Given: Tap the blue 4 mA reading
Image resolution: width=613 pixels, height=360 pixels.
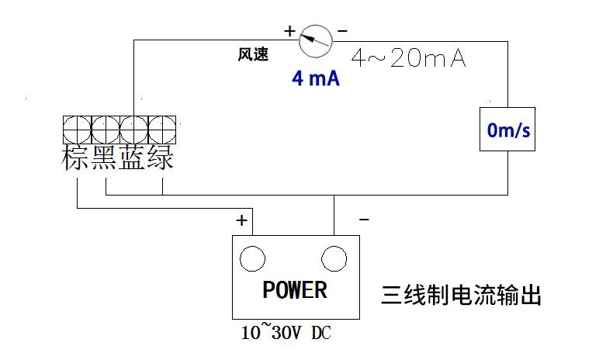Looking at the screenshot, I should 315,79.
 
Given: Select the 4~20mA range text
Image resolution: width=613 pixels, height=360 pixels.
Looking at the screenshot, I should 408,58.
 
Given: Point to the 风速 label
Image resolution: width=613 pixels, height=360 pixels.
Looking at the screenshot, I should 252,55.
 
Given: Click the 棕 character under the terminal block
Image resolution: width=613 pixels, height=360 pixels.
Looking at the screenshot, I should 76,158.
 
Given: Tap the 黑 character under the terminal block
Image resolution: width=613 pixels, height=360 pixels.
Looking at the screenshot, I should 105,158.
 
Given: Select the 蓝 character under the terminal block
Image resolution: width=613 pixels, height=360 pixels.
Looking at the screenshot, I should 133,158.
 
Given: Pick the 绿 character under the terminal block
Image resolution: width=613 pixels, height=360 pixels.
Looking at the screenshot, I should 161,158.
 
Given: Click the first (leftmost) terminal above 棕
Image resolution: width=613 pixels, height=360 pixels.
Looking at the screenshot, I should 77,127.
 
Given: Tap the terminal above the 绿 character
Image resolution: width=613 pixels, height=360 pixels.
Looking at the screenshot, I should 161,127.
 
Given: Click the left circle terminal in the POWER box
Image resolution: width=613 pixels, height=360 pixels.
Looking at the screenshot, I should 252,258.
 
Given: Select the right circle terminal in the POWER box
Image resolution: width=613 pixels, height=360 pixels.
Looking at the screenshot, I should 334,258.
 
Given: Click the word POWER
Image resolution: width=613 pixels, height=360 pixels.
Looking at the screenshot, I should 295,290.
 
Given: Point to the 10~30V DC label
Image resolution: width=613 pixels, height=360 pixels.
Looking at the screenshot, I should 286,334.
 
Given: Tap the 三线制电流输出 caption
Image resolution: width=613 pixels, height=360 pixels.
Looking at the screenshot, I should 460,296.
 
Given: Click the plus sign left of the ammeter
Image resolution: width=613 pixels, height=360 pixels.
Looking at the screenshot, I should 289,32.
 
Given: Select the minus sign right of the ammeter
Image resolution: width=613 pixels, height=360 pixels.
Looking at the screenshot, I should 342,32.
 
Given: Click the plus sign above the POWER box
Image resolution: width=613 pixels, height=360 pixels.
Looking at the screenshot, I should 242,221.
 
